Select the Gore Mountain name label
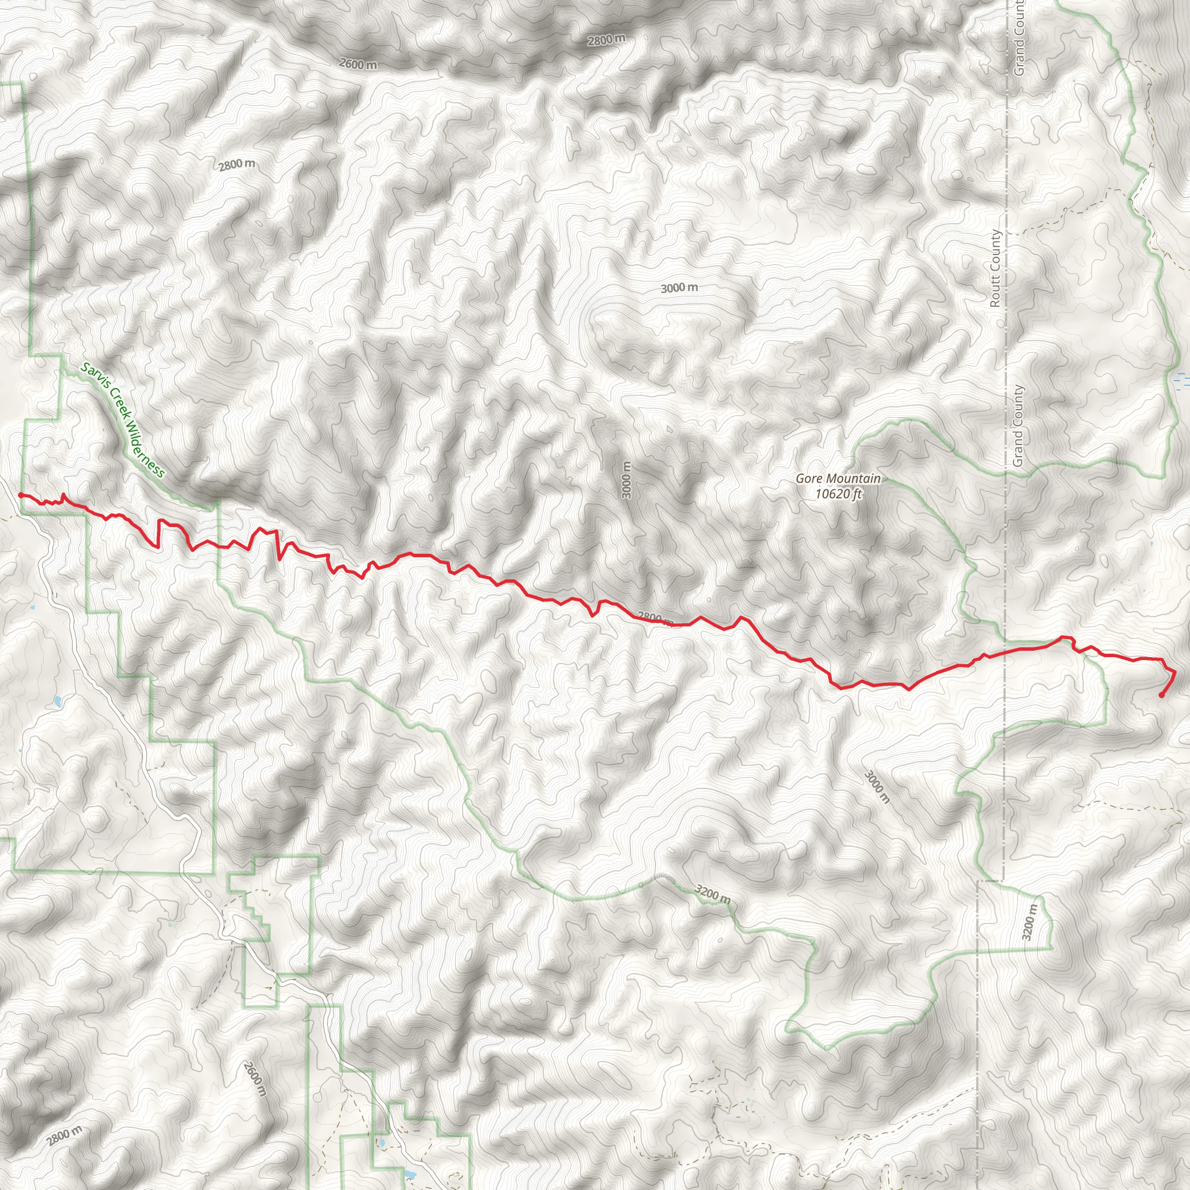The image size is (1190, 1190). (x=838, y=479)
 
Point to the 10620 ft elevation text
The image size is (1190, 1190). (x=838, y=493)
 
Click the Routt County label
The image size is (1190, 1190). (x=995, y=268)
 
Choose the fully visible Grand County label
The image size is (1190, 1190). (x=1018, y=425)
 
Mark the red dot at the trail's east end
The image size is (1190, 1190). (x=1161, y=696)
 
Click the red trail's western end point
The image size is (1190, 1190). (x=20, y=494)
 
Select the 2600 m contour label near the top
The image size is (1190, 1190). (x=358, y=63)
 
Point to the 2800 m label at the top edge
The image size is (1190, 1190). (x=606, y=40)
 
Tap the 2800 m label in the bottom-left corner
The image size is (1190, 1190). (x=64, y=1135)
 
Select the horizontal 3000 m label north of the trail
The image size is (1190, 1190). (x=679, y=288)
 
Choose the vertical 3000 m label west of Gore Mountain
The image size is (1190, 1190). (x=626, y=480)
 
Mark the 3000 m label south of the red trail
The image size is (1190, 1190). (x=877, y=787)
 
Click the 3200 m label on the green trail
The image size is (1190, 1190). (x=712, y=894)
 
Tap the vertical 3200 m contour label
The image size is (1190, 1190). (x=1029, y=922)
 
